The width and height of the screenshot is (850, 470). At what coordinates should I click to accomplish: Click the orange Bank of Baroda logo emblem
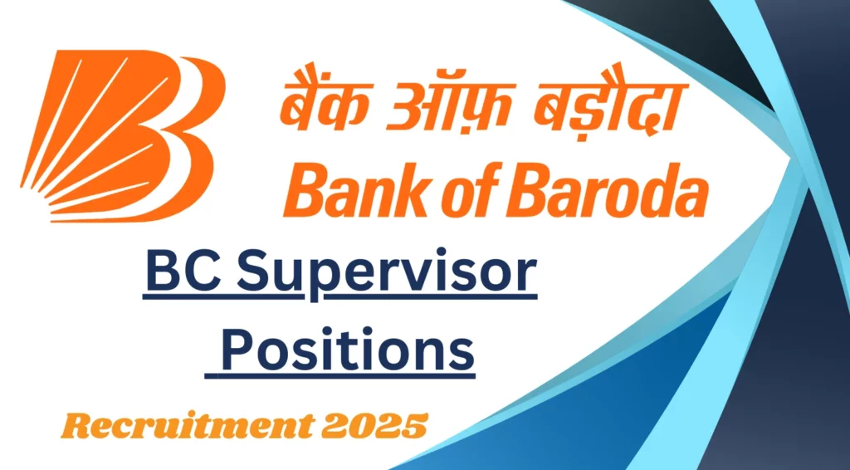122,135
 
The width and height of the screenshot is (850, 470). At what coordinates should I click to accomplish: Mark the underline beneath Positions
340,375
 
